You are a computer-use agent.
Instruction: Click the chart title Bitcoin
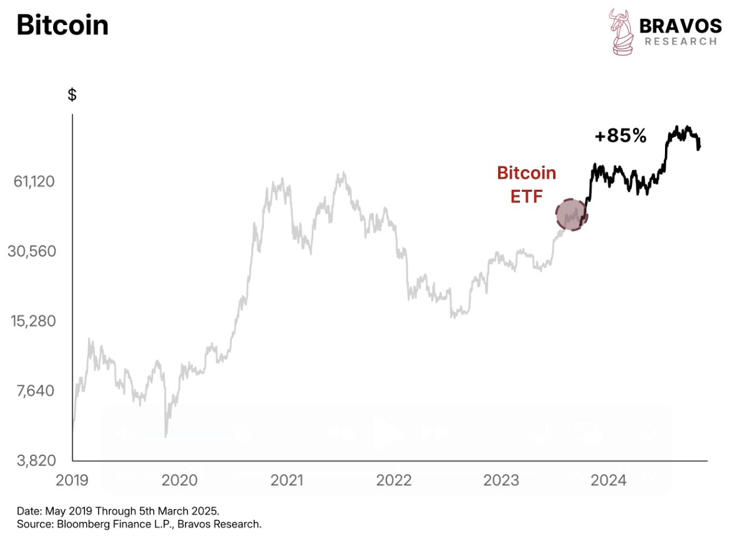pyautogui.click(x=62, y=25)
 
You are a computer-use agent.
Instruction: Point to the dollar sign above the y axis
pyautogui.click(x=72, y=95)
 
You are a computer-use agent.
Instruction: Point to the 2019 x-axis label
pyautogui.click(x=72, y=480)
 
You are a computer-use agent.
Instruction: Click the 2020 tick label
pyautogui.click(x=180, y=480)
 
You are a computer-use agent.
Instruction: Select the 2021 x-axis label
pyautogui.click(x=287, y=480)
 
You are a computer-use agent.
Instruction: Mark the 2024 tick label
pyautogui.click(x=609, y=480)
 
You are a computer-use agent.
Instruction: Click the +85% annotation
pyautogui.click(x=620, y=136)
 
